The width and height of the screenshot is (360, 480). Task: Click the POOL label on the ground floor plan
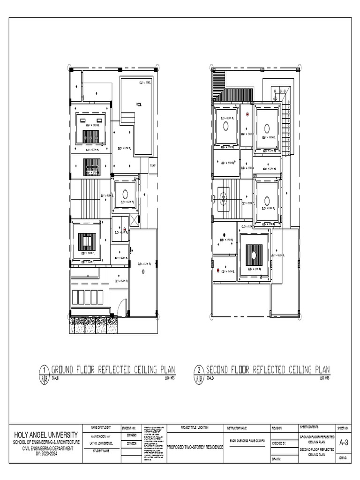tap(139, 104)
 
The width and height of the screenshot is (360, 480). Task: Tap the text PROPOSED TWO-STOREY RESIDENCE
tap(195, 447)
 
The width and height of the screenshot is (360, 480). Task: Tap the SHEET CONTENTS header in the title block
tap(309, 427)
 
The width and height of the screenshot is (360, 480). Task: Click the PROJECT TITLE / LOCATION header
tap(195, 427)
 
